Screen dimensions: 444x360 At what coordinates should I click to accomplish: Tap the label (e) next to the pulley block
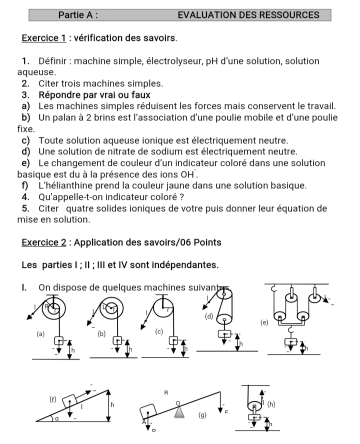(264, 322)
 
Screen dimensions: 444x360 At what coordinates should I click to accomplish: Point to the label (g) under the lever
(202, 414)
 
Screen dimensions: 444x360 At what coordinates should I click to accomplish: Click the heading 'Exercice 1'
(44, 38)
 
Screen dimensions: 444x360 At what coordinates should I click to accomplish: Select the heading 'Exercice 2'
(44, 242)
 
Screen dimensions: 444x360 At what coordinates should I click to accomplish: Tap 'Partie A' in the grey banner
(77, 15)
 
